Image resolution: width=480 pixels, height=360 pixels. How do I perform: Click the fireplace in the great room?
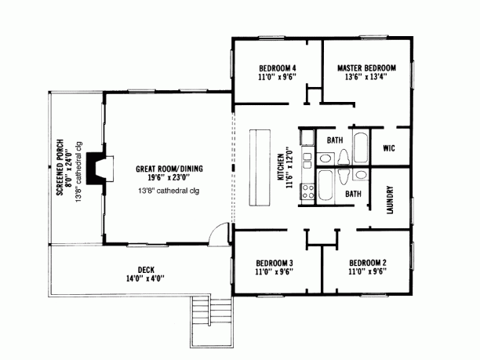coord(96,169)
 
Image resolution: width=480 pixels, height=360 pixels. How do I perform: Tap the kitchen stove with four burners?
coord(307,191)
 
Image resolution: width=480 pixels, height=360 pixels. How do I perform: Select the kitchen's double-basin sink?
coord(307,161)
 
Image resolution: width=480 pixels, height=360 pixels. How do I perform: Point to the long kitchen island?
coord(260,167)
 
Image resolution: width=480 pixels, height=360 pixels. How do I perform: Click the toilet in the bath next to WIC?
coord(344,157)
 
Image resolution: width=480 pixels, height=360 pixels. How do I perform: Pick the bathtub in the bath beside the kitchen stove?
coord(325,185)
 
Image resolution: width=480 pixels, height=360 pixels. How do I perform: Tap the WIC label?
coord(389,148)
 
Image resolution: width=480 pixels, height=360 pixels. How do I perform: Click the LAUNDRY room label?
coord(390,200)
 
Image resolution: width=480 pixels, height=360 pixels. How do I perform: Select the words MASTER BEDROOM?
coord(366,68)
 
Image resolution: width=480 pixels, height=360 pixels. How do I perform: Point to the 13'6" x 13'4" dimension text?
coord(366,77)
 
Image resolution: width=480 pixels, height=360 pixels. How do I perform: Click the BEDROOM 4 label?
coord(278,68)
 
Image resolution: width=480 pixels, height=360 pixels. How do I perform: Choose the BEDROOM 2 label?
coord(368,263)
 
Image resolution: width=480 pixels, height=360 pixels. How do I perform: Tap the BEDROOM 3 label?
coord(275,263)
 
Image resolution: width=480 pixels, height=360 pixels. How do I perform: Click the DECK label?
coord(146,270)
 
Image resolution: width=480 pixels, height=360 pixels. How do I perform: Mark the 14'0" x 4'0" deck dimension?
coord(145,278)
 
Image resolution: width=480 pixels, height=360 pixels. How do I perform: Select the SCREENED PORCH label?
coord(60,167)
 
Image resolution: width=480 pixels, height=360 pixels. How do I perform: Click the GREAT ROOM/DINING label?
coord(169,169)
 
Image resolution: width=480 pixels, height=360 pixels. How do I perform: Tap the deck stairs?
coord(211,322)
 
